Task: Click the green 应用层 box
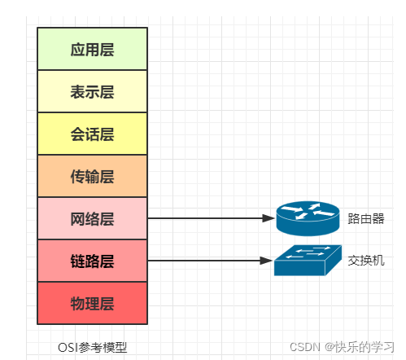coord(92,49)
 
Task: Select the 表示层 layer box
coord(92,91)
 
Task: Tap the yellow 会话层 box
coord(92,134)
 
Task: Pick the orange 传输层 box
coord(92,176)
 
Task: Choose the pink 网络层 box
coord(92,218)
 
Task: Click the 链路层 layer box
coord(92,261)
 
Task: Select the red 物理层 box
coord(92,303)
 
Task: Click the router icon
coord(308,217)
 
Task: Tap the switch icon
coord(306,260)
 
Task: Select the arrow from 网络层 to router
coord(207,218)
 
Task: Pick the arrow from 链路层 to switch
coord(207,261)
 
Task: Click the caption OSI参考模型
coord(92,347)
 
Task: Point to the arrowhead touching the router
coord(268,218)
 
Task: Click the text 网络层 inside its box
coord(92,218)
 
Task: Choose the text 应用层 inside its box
coord(92,50)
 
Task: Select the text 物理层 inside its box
coord(92,304)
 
